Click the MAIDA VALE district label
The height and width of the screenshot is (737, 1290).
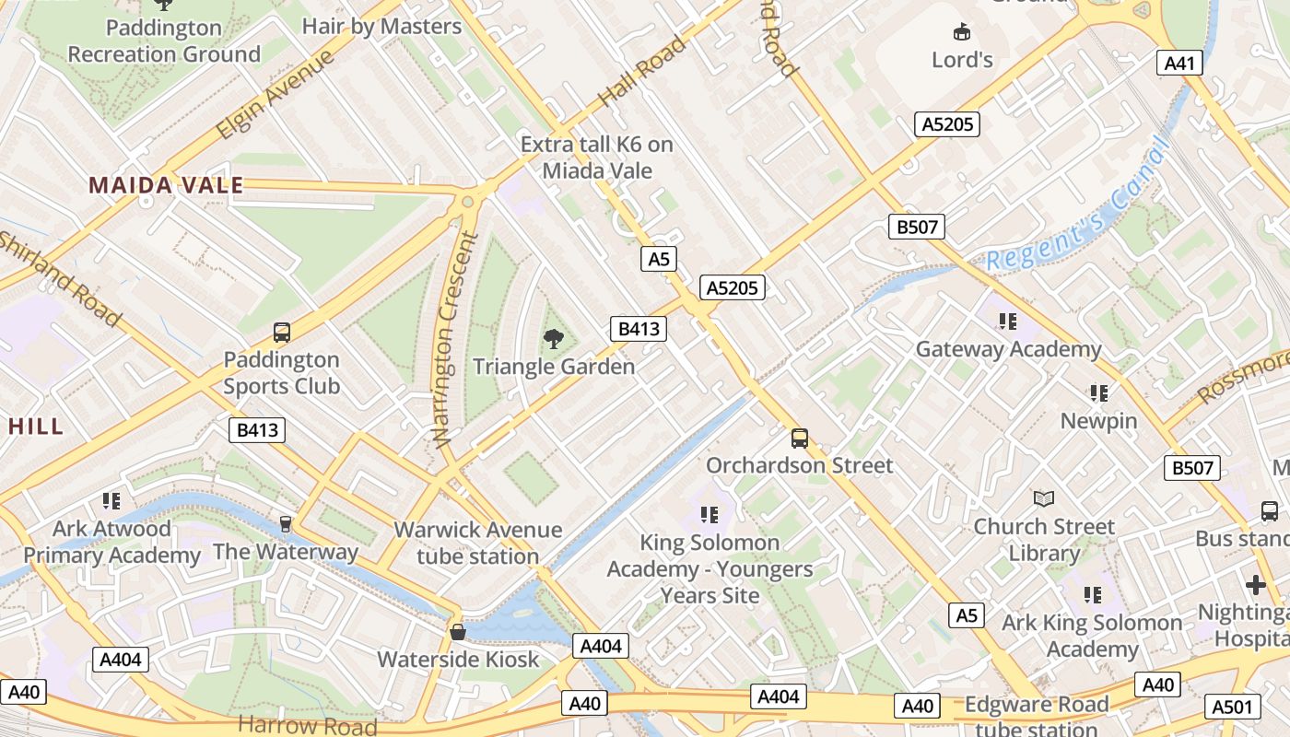tap(166, 185)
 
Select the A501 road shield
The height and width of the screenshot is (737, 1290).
tap(1231, 707)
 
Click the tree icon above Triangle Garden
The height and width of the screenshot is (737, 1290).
tap(554, 339)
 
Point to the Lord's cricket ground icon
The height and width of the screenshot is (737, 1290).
tap(962, 32)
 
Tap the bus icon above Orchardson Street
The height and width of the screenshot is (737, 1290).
tap(800, 439)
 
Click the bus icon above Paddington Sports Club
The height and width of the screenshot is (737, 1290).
tap(282, 333)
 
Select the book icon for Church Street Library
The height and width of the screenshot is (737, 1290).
tap(1043, 499)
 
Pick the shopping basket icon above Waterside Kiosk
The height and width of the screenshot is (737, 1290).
tap(457, 632)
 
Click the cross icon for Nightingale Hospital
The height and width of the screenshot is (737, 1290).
tap(1255, 585)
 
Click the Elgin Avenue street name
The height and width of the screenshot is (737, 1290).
tap(275, 96)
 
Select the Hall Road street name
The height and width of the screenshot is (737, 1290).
tap(642, 71)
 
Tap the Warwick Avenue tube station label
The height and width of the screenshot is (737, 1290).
tap(477, 543)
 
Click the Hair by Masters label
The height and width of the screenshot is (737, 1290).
tap(381, 26)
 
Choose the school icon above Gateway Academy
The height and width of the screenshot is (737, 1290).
tap(1008, 322)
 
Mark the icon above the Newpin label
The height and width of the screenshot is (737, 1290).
tap(1098, 393)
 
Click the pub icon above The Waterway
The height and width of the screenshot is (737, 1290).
tap(286, 524)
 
